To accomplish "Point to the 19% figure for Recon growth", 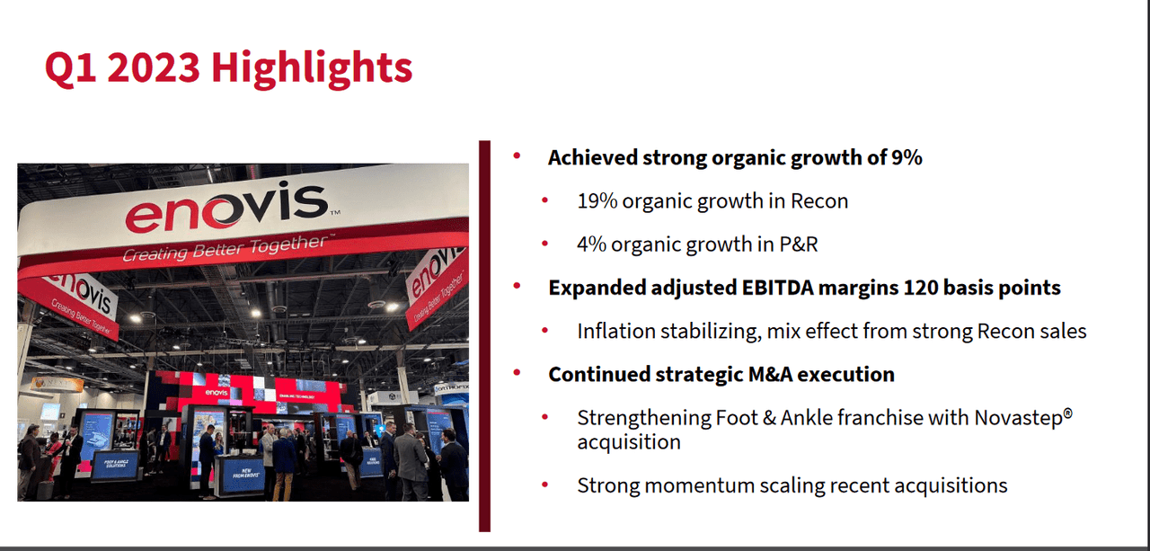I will click(596, 200).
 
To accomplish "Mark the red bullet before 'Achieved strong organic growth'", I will click(517, 156).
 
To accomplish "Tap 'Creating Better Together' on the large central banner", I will click(225, 249).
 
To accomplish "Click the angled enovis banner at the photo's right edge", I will click(437, 287).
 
